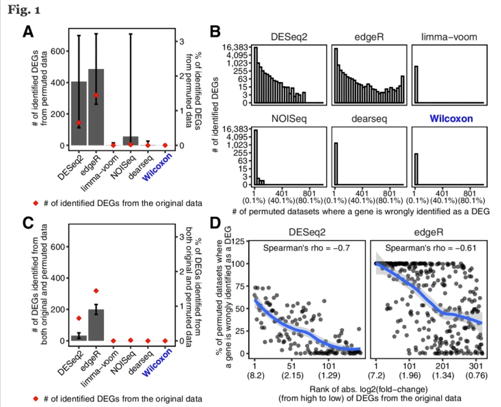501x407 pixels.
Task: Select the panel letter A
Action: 28,33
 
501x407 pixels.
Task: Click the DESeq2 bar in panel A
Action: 79,113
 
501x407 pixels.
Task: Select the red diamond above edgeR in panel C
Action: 96,290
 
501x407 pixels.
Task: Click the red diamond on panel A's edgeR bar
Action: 96,96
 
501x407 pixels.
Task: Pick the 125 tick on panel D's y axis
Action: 239,242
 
